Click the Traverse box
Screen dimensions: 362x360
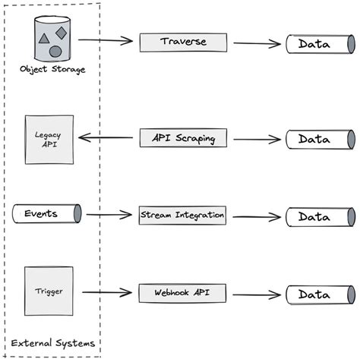click(183, 42)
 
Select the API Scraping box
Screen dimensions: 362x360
click(183, 138)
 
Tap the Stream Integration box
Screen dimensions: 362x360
click(183, 216)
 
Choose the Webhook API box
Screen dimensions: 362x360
click(183, 293)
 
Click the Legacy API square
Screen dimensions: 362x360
click(49, 140)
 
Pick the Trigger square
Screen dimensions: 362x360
click(49, 291)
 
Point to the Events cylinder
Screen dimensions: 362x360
click(46, 214)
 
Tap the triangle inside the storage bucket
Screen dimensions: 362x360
click(44, 37)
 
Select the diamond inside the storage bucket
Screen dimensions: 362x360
click(62, 33)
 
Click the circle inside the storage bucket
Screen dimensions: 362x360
click(55, 51)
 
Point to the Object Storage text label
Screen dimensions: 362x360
click(52, 70)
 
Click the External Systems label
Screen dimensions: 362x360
click(53, 343)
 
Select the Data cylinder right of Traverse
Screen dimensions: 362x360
click(320, 44)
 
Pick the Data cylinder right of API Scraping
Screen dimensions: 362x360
click(320, 140)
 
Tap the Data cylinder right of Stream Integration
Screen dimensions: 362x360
click(320, 217)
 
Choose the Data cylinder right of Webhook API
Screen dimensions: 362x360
click(320, 294)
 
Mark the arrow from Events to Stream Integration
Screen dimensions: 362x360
click(109, 215)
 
